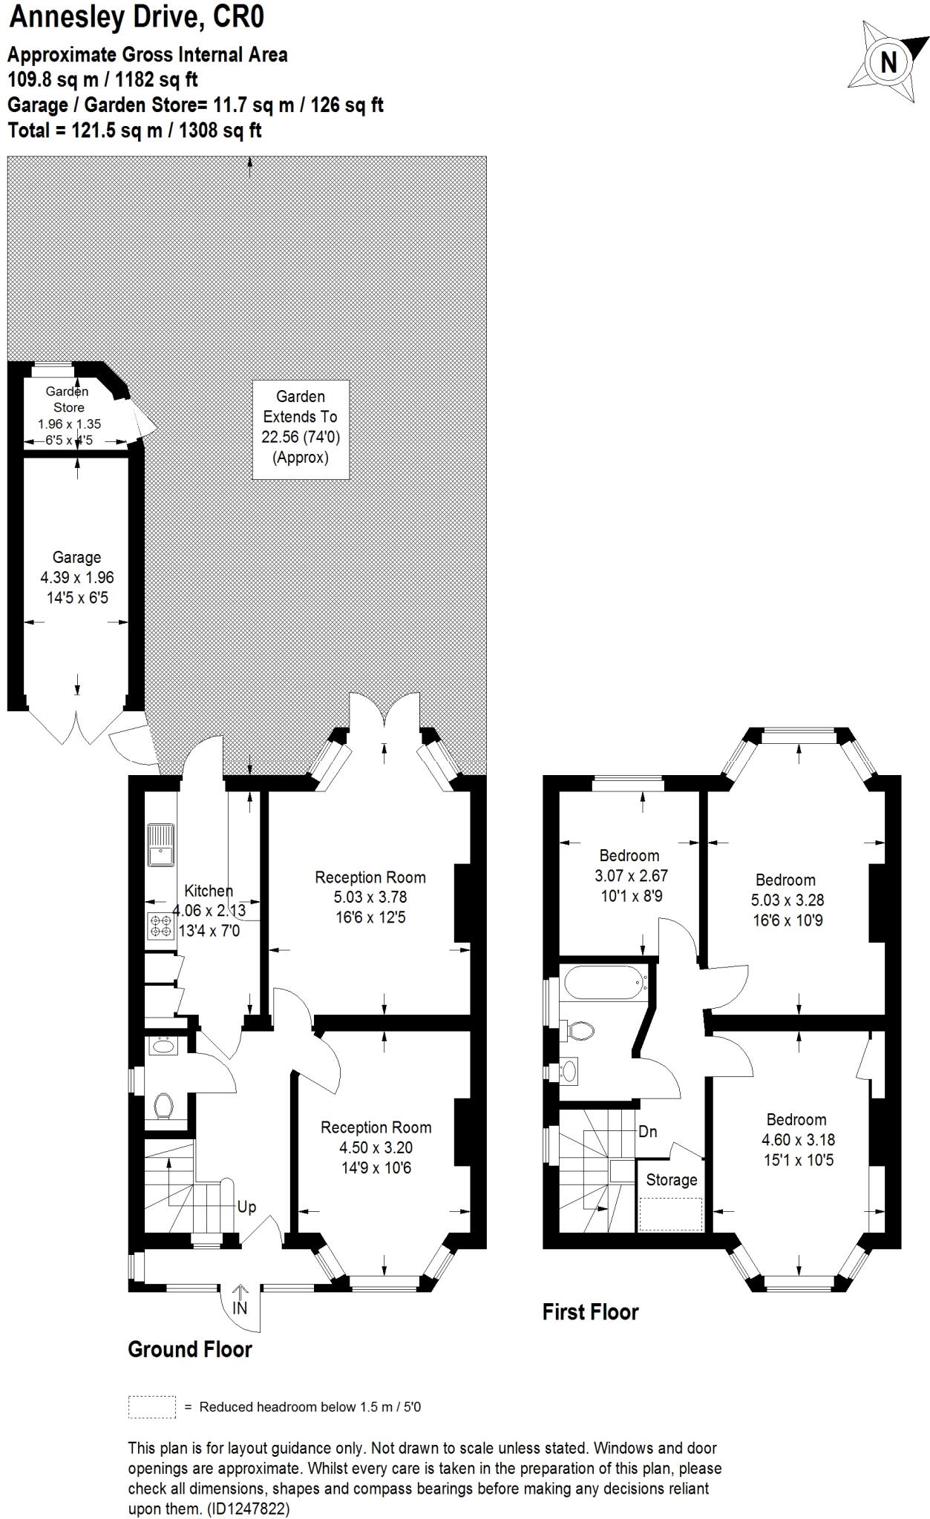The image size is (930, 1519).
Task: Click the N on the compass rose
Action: pyautogui.click(x=888, y=62)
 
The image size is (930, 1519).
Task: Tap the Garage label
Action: pyautogui.click(x=76, y=557)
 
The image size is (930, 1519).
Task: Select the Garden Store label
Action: pyautogui.click(x=68, y=399)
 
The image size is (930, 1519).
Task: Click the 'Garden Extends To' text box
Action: pyautogui.click(x=301, y=426)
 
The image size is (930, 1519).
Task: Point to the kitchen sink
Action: pyautogui.click(x=160, y=845)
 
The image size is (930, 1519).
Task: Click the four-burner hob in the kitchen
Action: pyautogui.click(x=160, y=926)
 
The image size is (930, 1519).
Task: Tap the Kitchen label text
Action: pyautogui.click(x=209, y=891)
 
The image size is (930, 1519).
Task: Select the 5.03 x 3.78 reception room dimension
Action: pyautogui.click(x=370, y=897)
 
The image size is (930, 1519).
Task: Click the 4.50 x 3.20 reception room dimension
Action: pyautogui.click(x=376, y=1147)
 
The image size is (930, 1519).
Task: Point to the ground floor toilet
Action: pyautogui.click(x=164, y=1106)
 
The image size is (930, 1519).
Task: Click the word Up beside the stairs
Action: pyautogui.click(x=246, y=1207)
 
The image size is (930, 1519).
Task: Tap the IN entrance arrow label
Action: pyautogui.click(x=240, y=1309)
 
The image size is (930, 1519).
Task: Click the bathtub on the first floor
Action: pyautogui.click(x=603, y=983)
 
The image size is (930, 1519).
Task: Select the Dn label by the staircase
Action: pyautogui.click(x=647, y=1132)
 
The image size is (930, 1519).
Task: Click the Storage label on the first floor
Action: pyautogui.click(x=671, y=1180)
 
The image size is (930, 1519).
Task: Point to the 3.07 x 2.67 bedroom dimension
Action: pyautogui.click(x=631, y=875)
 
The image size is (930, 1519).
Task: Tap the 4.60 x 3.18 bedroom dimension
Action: pyautogui.click(x=797, y=1139)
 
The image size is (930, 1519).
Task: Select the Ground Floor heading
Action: pyautogui.click(x=190, y=1349)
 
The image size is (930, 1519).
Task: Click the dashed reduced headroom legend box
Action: pyautogui.click(x=152, y=1407)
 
